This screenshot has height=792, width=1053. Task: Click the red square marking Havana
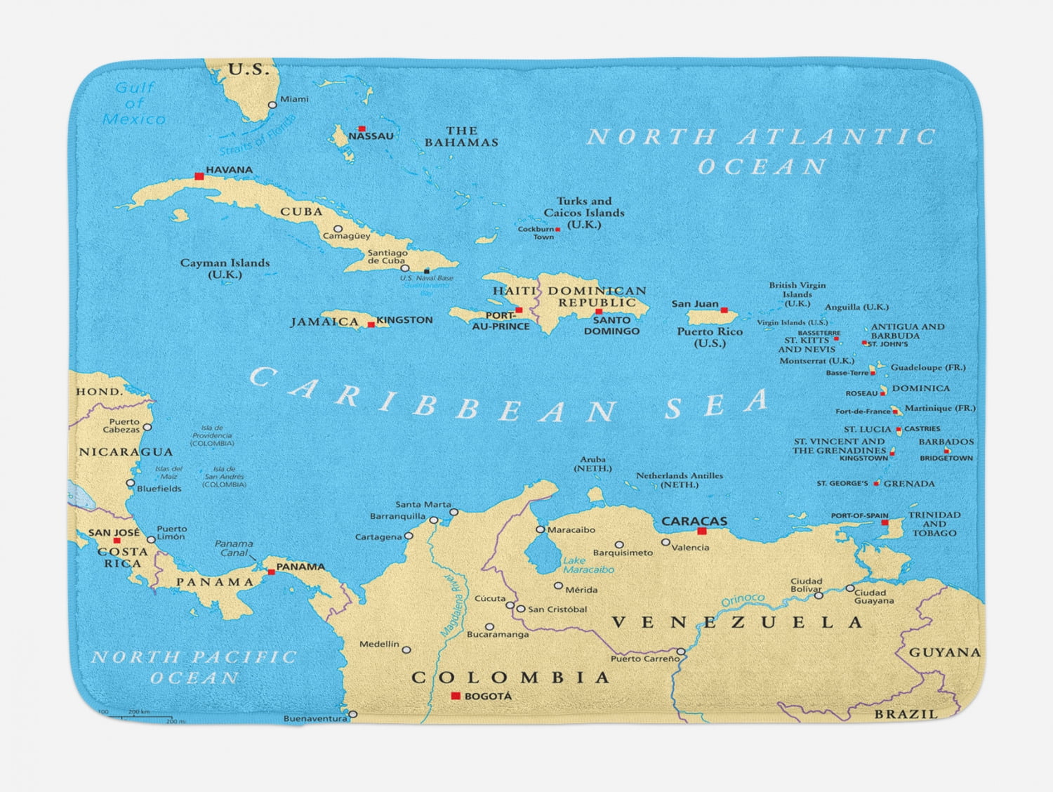click(199, 176)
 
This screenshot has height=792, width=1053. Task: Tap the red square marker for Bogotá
click(456, 696)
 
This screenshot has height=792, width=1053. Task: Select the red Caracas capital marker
click(701, 532)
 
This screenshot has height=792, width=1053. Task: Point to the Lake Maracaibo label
click(588, 565)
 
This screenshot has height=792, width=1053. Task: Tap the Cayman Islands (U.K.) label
click(225, 268)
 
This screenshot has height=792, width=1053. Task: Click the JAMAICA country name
click(325, 322)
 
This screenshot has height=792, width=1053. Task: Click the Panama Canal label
click(234, 548)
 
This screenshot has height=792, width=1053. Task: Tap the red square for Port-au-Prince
click(519, 310)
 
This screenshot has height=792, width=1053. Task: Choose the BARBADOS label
click(946, 442)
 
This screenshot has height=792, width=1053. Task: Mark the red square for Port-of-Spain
click(885, 523)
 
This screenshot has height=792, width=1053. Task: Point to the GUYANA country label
click(945, 652)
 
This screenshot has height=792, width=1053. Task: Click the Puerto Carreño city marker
click(681, 652)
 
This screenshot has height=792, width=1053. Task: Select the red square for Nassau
click(362, 128)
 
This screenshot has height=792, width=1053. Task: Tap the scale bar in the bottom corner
click(140, 715)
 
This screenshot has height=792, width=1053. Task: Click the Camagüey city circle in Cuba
click(338, 229)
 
